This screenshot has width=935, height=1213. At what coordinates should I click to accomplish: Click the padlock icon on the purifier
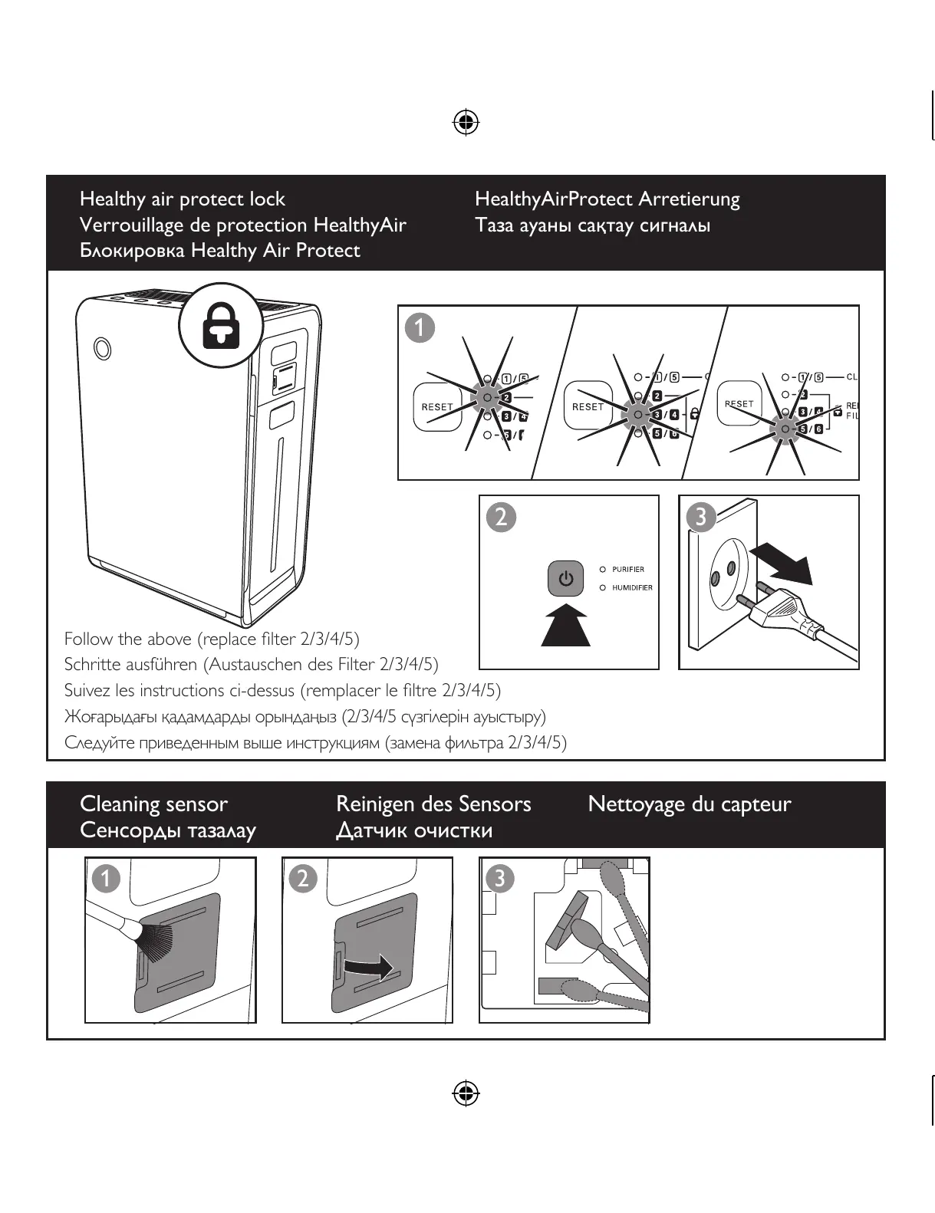pyautogui.click(x=221, y=327)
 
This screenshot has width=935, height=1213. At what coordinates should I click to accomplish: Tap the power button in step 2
pyautogui.click(x=566, y=579)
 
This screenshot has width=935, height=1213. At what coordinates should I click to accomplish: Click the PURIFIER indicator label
pyautogui.click(x=628, y=570)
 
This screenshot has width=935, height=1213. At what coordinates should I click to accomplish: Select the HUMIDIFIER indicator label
pyautogui.click(x=632, y=588)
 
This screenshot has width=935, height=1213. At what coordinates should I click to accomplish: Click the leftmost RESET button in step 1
pyautogui.click(x=437, y=407)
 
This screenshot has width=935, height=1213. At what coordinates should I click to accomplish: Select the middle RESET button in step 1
pyautogui.click(x=588, y=407)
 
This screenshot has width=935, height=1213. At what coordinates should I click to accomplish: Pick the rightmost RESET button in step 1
pyautogui.click(x=739, y=404)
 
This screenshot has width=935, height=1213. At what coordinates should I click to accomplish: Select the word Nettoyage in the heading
pyautogui.click(x=636, y=804)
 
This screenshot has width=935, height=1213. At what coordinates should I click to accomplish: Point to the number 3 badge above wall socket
pyautogui.click(x=700, y=518)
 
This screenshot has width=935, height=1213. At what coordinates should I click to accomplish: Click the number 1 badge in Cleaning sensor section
pyautogui.click(x=107, y=879)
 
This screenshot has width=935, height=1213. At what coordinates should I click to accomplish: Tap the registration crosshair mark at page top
pyautogui.click(x=466, y=122)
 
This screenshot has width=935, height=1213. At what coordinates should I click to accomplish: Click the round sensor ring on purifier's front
pyautogui.click(x=101, y=348)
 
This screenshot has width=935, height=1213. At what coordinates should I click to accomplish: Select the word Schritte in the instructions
pyautogui.click(x=91, y=665)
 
